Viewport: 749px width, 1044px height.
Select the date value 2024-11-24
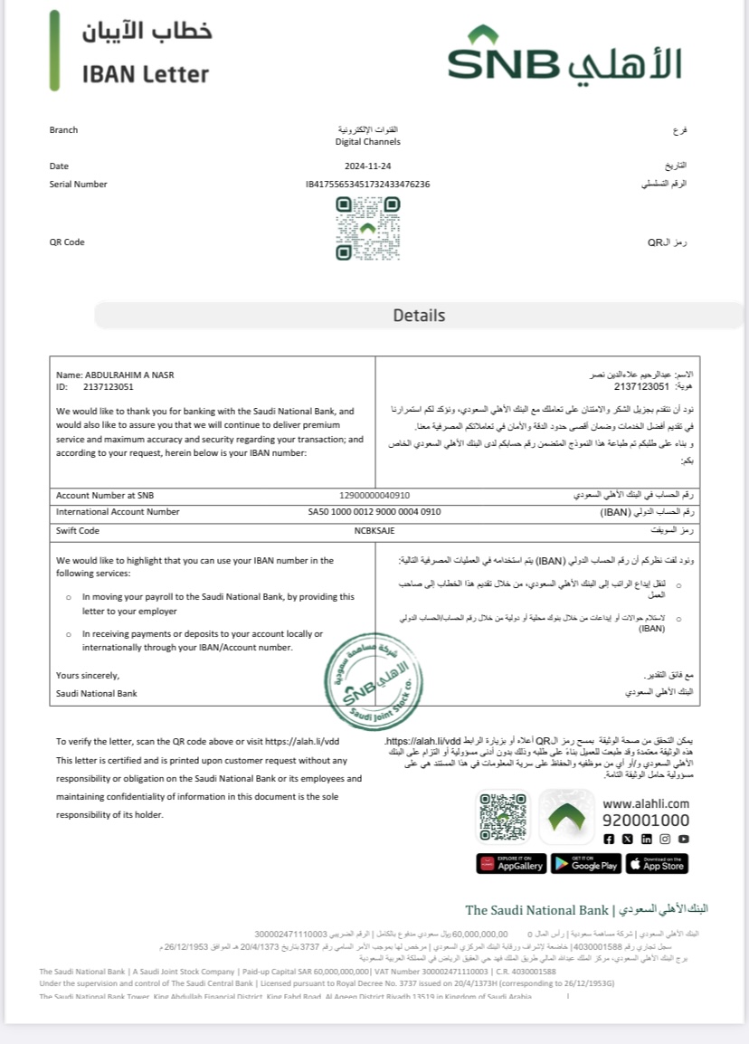(367, 166)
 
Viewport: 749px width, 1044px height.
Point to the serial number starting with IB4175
(367, 185)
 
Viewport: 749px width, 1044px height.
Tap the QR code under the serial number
(367, 229)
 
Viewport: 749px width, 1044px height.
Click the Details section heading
(419, 316)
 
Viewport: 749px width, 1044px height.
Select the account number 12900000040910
(374, 496)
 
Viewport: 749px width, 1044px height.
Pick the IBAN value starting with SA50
(374, 512)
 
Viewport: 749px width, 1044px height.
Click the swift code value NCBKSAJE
(374, 531)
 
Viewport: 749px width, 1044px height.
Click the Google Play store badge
(584, 864)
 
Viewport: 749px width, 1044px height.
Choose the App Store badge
(657, 864)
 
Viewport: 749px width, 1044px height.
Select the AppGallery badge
(511, 864)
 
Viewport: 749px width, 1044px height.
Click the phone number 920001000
(646, 821)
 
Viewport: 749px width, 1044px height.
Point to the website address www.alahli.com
(646, 803)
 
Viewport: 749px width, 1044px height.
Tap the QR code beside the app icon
(503, 817)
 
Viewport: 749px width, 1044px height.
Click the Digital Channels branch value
(367, 142)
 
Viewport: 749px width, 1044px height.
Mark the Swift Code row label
(78, 531)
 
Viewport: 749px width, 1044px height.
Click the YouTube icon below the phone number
(684, 840)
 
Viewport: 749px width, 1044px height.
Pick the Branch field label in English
(63, 130)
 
